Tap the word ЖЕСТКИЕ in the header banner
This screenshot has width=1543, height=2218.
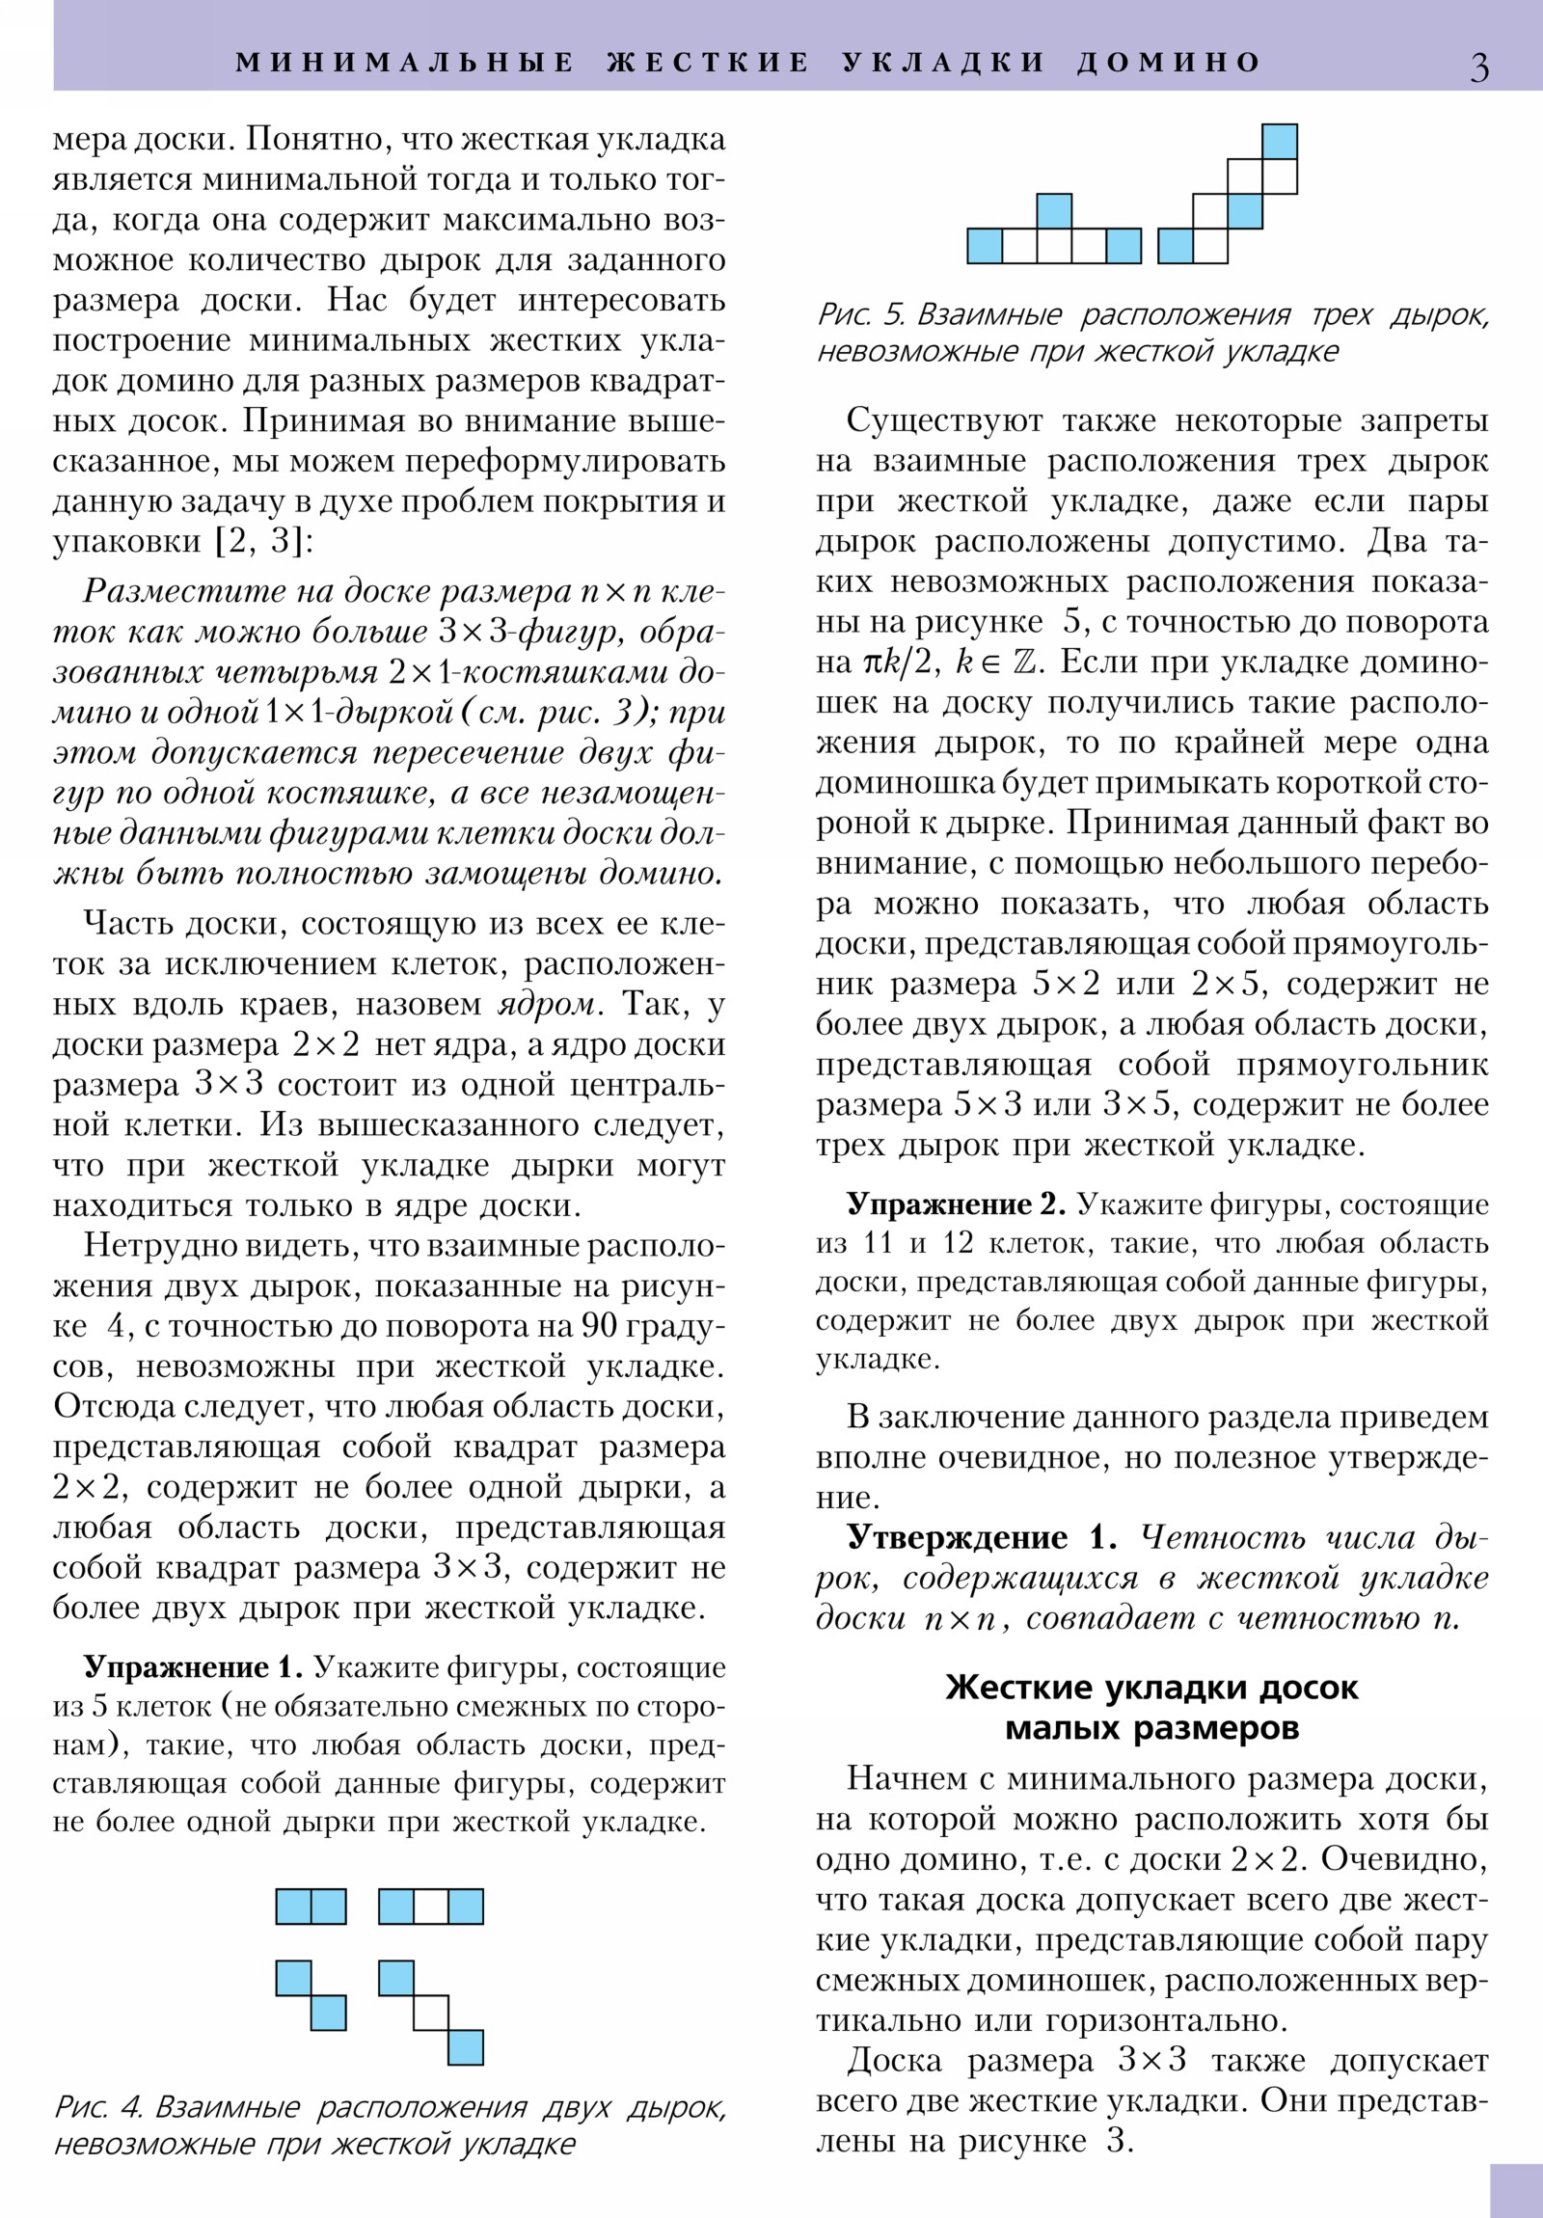[x=709, y=63]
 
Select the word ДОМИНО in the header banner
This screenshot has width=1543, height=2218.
[x=1169, y=63]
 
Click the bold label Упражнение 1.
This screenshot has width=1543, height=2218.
[x=193, y=1667]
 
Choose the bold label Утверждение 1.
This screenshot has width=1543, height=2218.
[x=981, y=1537]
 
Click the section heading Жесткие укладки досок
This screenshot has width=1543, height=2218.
[x=1151, y=1688]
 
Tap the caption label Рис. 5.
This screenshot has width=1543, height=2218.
[x=861, y=315]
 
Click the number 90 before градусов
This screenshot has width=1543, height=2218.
[x=599, y=1326]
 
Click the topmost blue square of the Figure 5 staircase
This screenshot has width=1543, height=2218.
[x=1279, y=141]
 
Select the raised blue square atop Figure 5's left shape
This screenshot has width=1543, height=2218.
[x=1053, y=210]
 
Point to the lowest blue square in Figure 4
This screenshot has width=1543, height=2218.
[x=466, y=2047]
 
